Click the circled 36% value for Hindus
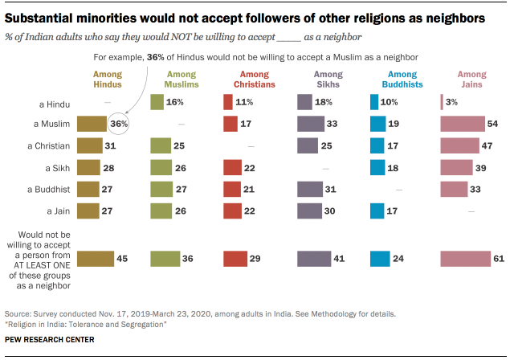(120, 125)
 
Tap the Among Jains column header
(471, 80)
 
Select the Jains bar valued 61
(465, 259)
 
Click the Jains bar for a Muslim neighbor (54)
(462, 124)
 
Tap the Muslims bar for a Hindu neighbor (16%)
(158, 102)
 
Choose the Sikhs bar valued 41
(312, 259)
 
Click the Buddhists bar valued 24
(379, 259)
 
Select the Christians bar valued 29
(234, 259)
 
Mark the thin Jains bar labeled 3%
(442, 102)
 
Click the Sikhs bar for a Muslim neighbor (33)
(310, 124)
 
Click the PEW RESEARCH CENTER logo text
(49, 341)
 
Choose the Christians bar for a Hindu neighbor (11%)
(228, 102)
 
